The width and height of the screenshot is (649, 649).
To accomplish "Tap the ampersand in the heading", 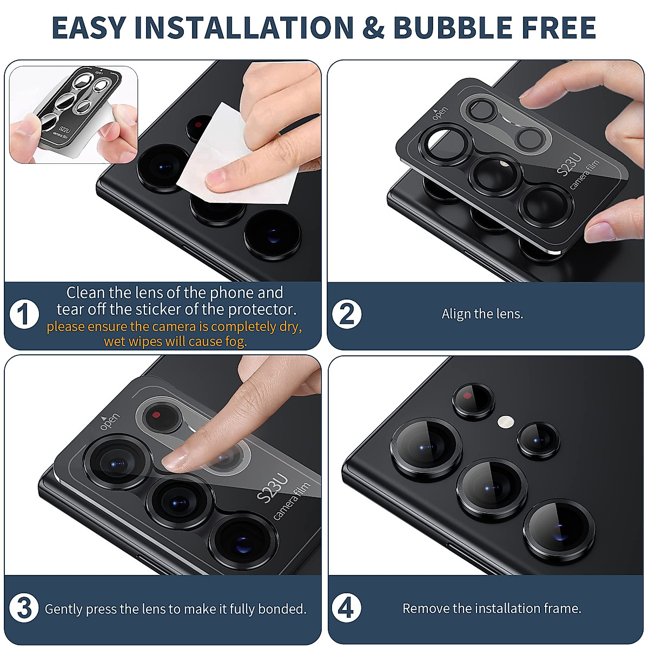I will tap(374, 28).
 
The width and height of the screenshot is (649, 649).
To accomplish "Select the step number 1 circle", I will tap(24, 315).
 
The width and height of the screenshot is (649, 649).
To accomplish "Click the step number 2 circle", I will tap(347, 314).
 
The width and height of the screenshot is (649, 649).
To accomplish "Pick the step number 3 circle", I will tap(24, 608).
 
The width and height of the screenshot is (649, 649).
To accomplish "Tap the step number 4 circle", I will tap(346, 608).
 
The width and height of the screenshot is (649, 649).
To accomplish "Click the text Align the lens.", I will tap(482, 314).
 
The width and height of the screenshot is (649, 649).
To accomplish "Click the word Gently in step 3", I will tap(63, 610).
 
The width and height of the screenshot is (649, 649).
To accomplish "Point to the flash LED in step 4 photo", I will tap(505, 421).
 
